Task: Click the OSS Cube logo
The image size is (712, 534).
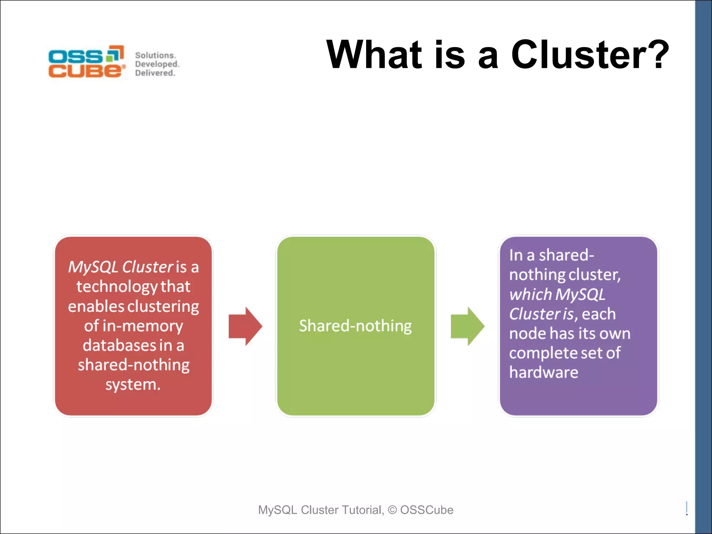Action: tap(86, 62)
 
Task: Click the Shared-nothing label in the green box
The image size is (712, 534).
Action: tap(355, 326)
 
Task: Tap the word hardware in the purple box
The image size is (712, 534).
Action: tap(543, 372)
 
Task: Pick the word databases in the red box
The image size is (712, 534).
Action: tap(119, 346)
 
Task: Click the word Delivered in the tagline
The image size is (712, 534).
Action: tap(154, 73)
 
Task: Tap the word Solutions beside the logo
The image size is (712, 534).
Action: tap(155, 55)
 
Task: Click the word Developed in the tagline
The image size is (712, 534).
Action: tap(156, 64)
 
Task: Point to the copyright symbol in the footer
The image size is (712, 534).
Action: tap(392, 510)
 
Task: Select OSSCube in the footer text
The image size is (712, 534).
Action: tap(427, 510)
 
